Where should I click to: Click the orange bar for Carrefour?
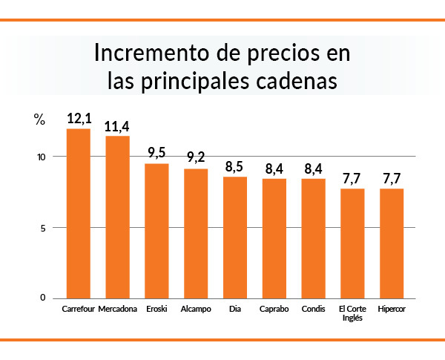pyautogui.click(x=79, y=214)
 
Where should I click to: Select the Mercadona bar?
pyautogui.click(x=117, y=217)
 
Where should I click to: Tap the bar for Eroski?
pyautogui.click(x=156, y=231)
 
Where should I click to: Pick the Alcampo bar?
pyautogui.click(x=196, y=233)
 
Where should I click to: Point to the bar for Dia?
pyautogui.click(x=235, y=237)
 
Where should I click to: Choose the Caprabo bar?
pyautogui.click(x=274, y=238)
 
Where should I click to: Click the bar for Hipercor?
pyautogui.click(x=392, y=243)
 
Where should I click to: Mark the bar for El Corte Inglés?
pyautogui.click(x=352, y=243)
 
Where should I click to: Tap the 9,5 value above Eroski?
pyautogui.click(x=156, y=154)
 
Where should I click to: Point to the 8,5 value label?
pyautogui.click(x=235, y=167)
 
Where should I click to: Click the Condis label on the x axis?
pyautogui.click(x=313, y=308)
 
